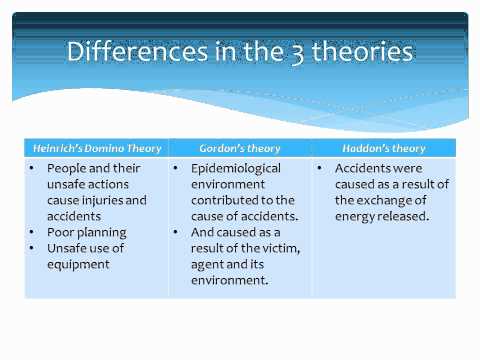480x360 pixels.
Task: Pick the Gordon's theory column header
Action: click(239, 148)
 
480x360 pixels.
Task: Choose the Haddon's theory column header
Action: click(382, 148)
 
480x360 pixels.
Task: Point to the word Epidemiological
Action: click(236, 168)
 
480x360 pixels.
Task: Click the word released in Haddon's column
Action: click(410, 217)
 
